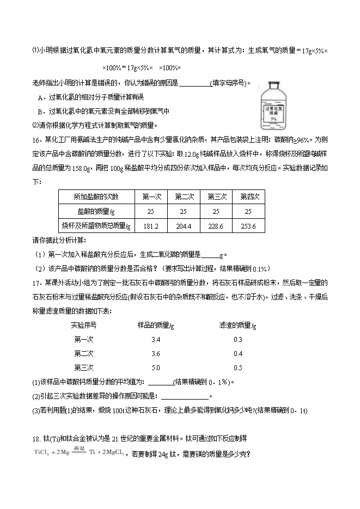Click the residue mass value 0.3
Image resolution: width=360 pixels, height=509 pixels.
coord(238,340)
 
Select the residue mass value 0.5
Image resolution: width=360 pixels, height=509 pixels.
coord(238,367)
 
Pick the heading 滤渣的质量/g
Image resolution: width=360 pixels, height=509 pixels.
coord(238,326)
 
